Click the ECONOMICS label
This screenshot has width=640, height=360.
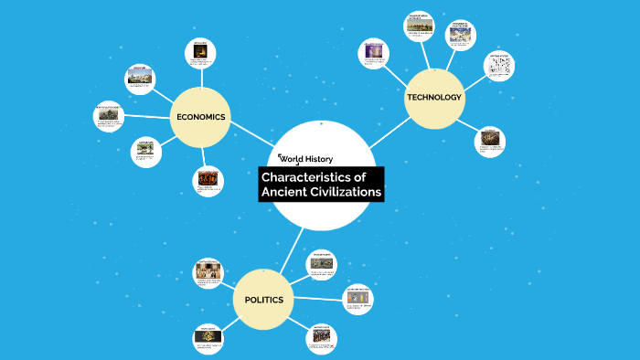tap(200, 116)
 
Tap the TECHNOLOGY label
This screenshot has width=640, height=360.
tap(434, 97)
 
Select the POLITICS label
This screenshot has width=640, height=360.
tap(263, 300)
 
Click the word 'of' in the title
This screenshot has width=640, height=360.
tap(360, 176)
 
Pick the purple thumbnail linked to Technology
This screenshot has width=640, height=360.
tap(374, 52)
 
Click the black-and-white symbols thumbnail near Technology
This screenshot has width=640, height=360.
tap(497, 67)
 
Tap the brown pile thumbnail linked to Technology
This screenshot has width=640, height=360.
tap(491, 139)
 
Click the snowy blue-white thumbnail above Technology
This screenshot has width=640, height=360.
tap(459, 35)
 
